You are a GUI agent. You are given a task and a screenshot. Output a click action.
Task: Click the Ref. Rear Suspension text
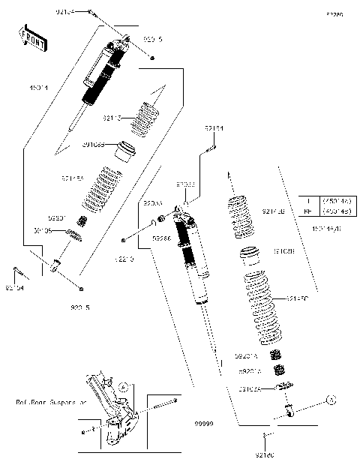[x=51, y=402]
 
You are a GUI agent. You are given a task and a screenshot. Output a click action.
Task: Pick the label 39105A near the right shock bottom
[x=249, y=388]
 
